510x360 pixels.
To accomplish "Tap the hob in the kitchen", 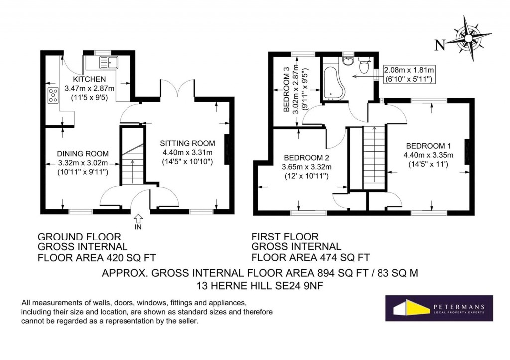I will click(52, 95).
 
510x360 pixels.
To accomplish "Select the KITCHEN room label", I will click(89, 79).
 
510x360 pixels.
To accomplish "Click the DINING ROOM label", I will click(83, 154).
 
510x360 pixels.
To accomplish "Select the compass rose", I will click(469, 36).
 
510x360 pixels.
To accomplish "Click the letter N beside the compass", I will click(440, 46).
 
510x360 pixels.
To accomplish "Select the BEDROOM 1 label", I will click(428, 146).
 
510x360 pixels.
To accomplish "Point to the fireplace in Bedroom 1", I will click(467, 151).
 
